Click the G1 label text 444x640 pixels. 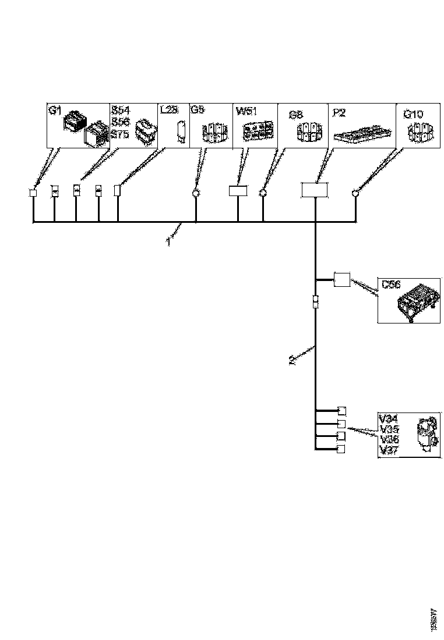54,111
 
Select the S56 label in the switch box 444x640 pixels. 120,122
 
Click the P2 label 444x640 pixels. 338,111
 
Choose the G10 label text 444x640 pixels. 413,114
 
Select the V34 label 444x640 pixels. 389,418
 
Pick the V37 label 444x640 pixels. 389,450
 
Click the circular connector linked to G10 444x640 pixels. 355,193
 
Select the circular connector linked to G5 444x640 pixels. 196,192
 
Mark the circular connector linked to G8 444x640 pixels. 263,192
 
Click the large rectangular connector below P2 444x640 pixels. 315,190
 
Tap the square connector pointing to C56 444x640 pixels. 341,279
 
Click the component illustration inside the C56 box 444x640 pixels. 417,300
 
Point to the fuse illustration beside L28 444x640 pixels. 181,130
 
